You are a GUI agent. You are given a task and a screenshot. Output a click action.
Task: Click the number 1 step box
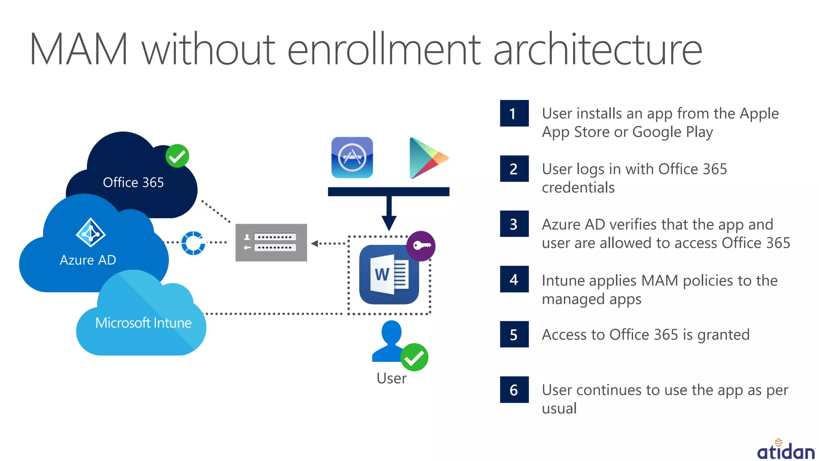(514, 113)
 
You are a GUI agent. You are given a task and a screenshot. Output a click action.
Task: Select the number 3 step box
(514, 224)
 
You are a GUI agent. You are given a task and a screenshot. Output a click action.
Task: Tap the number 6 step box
(514, 389)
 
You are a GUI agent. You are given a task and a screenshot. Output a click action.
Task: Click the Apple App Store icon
(352, 158)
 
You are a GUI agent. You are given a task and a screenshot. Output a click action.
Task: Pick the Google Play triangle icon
(427, 158)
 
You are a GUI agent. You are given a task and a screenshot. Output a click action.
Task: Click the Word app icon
(389, 275)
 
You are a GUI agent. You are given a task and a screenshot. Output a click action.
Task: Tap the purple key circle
(421, 246)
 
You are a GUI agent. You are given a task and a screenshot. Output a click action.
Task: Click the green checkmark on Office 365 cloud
(177, 156)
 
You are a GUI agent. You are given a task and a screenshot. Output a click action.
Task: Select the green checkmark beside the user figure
(414, 357)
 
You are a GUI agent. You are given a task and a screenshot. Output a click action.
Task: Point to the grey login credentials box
(271, 243)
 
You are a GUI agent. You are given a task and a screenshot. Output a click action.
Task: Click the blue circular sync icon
(193, 243)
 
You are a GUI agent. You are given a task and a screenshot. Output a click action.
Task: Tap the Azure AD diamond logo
(91, 232)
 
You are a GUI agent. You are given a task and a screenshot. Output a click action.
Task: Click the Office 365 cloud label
(133, 182)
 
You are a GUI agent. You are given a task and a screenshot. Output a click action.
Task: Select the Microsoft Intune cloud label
(143, 323)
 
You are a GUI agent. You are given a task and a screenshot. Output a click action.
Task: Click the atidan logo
(786, 450)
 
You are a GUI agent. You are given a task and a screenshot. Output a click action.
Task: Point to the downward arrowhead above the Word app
(389, 222)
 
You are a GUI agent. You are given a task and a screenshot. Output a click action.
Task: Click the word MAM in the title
(79, 50)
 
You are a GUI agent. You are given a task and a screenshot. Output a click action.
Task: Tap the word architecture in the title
(597, 50)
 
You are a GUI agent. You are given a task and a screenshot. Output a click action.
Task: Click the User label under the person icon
(391, 378)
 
